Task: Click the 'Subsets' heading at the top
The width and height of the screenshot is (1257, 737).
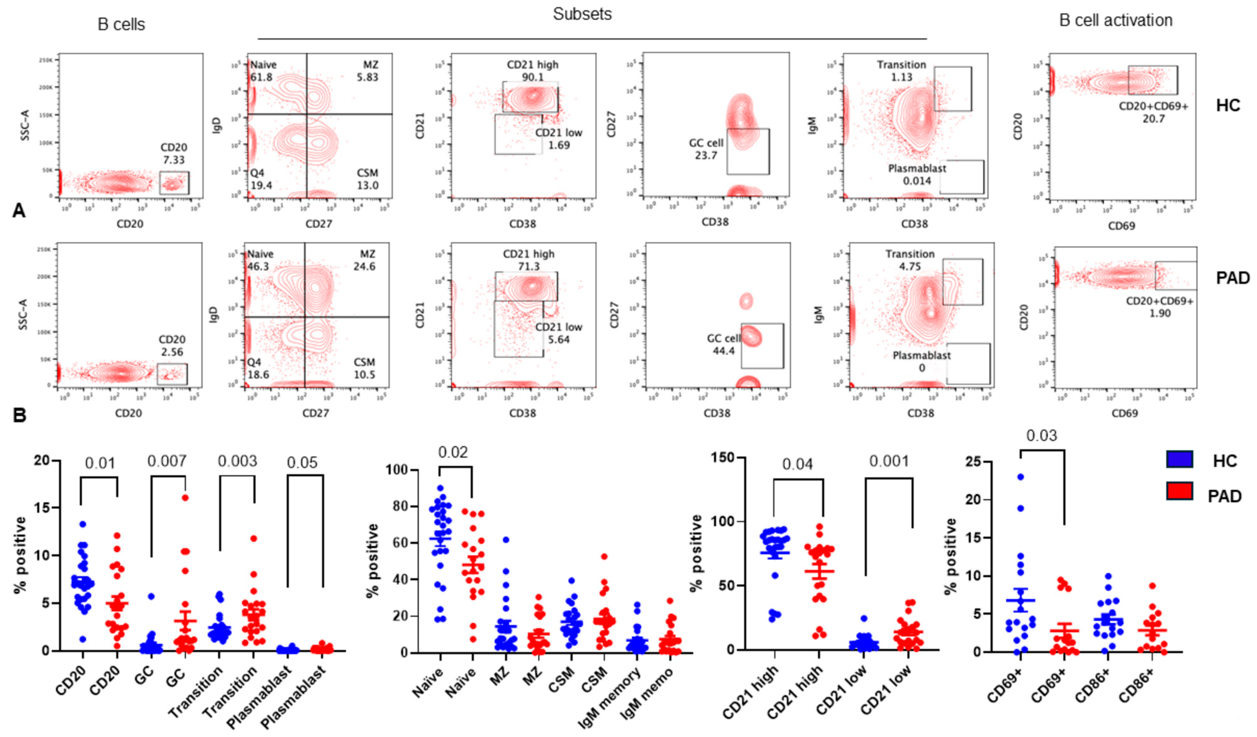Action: tap(582, 14)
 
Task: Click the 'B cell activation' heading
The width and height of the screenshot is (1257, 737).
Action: tap(1115, 20)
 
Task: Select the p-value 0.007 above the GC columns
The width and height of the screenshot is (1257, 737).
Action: tap(167, 461)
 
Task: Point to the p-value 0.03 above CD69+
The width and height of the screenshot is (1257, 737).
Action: tap(1042, 436)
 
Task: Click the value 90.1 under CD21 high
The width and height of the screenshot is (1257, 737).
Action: tap(532, 77)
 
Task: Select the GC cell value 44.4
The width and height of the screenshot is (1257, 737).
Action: tap(723, 351)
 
